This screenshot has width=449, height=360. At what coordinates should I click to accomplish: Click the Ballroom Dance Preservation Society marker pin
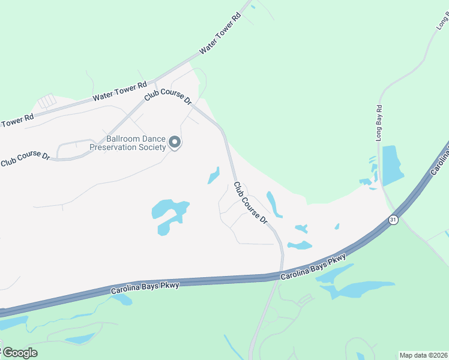coord(175,142)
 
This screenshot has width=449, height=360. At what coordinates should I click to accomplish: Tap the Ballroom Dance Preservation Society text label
coord(127,143)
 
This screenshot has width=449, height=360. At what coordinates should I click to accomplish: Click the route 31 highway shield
coord(393,220)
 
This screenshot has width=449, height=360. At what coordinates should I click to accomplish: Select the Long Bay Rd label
coord(379,124)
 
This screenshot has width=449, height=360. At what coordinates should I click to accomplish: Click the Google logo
coord(19,352)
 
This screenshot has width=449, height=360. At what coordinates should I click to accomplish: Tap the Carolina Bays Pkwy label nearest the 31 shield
coord(313,267)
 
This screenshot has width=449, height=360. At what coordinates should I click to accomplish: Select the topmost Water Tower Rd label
coord(220,32)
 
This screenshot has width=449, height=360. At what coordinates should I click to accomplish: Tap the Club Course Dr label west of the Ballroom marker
coord(25,158)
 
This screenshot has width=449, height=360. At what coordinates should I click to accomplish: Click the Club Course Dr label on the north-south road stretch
coord(250,203)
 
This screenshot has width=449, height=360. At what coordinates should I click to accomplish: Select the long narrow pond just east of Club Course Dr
coord(274,204)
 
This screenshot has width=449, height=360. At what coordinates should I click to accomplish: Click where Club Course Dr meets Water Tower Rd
coord(154,81)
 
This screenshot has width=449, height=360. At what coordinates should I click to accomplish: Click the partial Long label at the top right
coord(442,23)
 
